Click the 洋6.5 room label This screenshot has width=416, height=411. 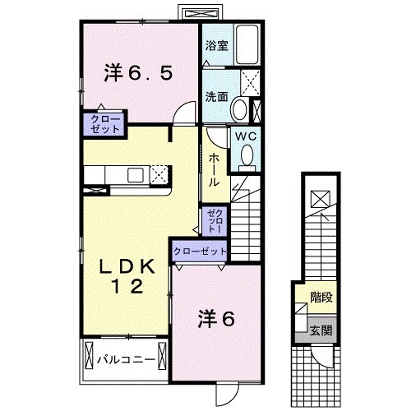click(137, 73)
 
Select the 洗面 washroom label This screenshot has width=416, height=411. click(216, 95)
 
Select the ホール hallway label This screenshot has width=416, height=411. click(213, 168)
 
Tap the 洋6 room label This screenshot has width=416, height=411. click(218, 318)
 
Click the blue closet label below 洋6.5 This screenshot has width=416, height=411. click(102, 125)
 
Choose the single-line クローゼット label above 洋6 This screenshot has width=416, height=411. click(199, 250)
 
